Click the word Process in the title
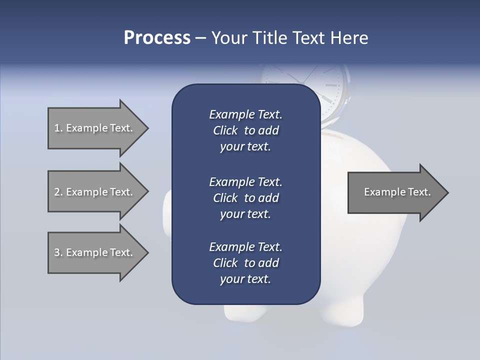click(157, 38)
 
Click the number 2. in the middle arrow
click(58, 192)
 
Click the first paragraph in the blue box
click(245, 130)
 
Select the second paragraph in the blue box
click(245, 198)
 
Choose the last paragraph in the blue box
click(245, 263)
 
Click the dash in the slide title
click(200, 38)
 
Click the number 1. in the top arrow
click(58, 128)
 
